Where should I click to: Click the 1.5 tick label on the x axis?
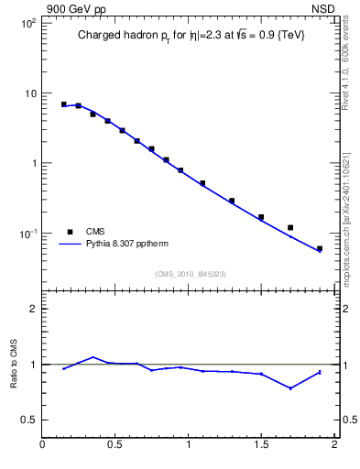[x=261, y=446]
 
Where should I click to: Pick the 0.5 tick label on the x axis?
[x=115, y=446]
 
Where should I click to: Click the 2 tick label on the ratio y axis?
[x=32, y=309]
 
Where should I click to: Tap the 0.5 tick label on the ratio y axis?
[x=28, y=420]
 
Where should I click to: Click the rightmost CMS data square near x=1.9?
[x=320, y=248]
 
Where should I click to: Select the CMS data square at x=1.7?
[x=290, y=227]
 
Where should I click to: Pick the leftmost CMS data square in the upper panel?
[x=64, y=104]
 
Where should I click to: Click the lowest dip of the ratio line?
[x=290, y=388]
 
